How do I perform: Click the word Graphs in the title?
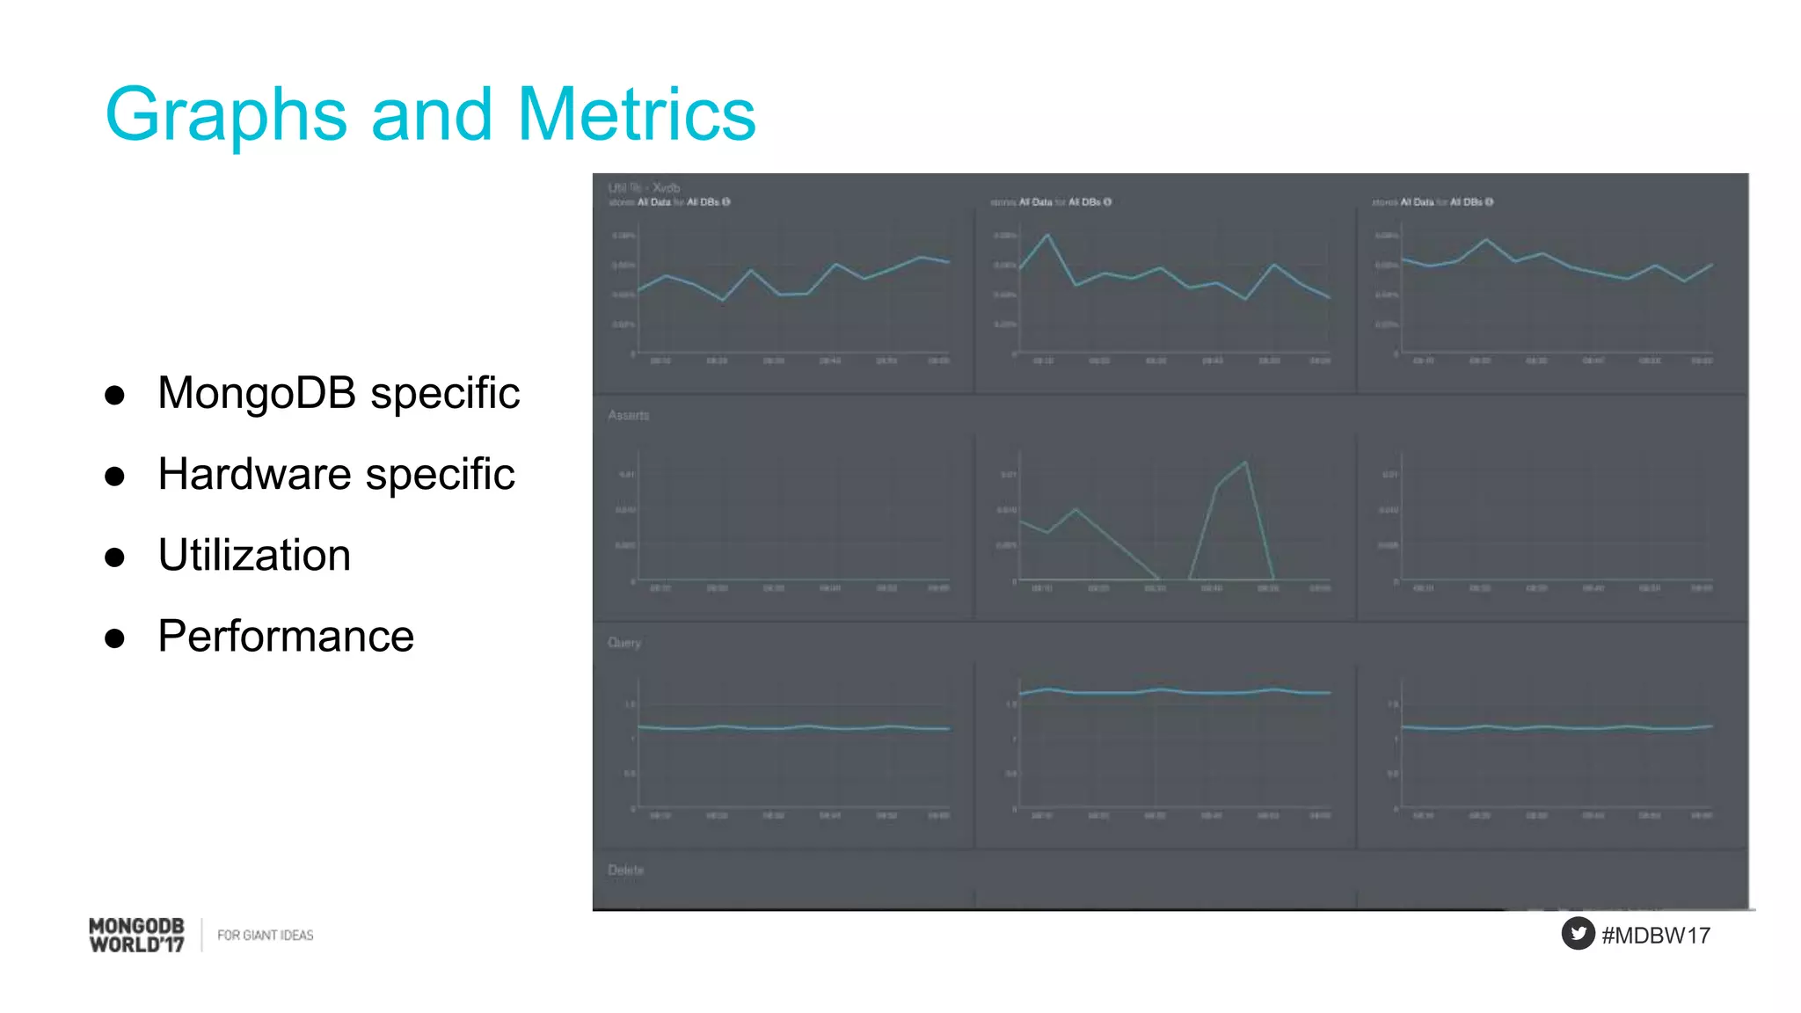point(226,114)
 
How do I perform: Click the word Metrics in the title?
point(636,114)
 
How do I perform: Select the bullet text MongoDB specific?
point(339,393)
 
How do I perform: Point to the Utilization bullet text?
point(254,556)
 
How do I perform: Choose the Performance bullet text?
point(286,637)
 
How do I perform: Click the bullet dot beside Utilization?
point(114,558)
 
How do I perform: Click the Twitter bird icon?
point(1578,934)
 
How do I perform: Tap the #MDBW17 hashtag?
point(1656,936)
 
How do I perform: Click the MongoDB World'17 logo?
point(137,935)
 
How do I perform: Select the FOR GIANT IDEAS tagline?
point(265,936)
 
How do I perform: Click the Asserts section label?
point(628,415)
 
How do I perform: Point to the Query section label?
point(624,643)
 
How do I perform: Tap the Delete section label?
point(625,870)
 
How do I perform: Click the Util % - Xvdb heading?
point(644,187)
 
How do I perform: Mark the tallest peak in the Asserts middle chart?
point(1245,463)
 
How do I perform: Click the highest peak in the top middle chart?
point(1047,236)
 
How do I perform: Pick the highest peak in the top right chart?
point(1486,239)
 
